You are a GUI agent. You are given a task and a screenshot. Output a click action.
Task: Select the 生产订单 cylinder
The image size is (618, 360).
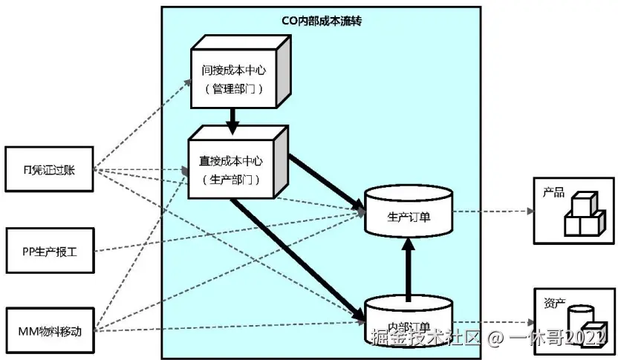tap(409, 215)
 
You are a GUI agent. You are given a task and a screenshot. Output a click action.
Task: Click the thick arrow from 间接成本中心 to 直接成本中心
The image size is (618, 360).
tap(234, 120)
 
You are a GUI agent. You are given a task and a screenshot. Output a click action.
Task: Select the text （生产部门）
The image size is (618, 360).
tap(231, 178)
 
